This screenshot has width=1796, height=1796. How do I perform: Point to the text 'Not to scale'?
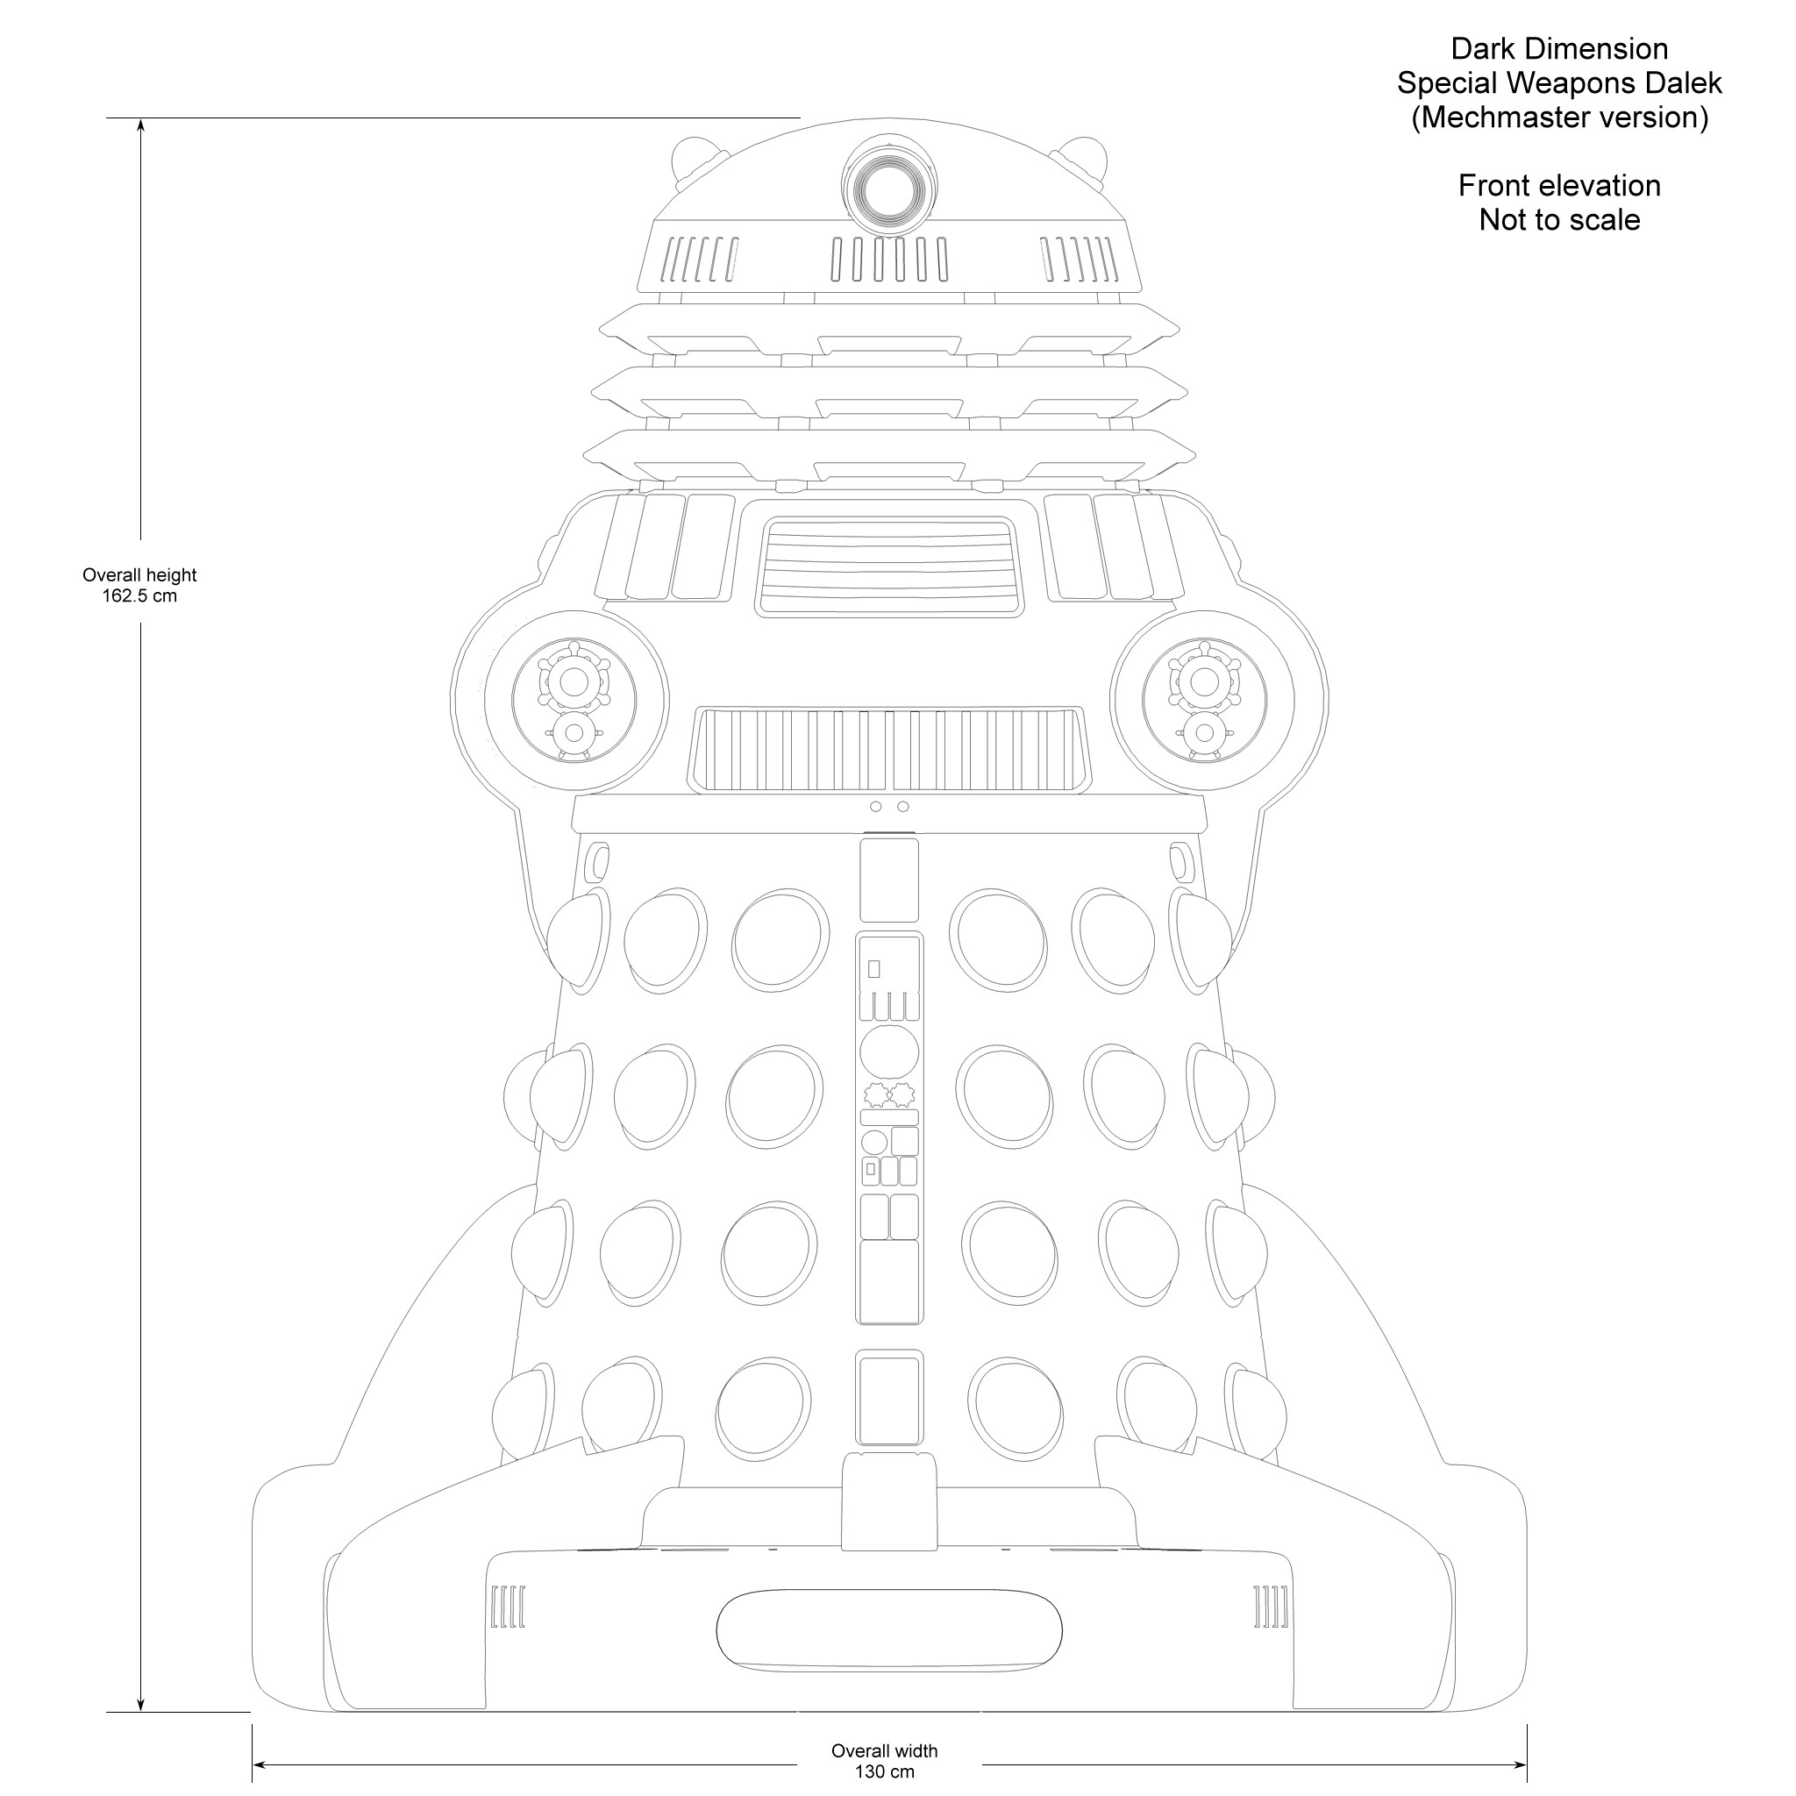point(1559,220)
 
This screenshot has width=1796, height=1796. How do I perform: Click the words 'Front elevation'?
point(1559,186)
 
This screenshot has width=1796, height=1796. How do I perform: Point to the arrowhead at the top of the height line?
point(140,126)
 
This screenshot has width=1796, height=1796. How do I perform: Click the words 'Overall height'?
point(139,575)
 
